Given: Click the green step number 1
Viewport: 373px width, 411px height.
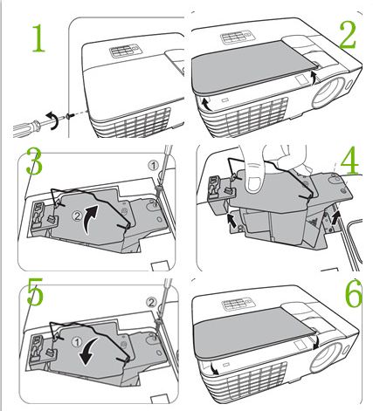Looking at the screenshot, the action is click(x=39, y=38).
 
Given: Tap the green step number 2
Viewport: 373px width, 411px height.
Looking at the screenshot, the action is click(x=348, y=35).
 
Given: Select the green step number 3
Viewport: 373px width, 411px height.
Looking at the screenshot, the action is click(x=34, y=161).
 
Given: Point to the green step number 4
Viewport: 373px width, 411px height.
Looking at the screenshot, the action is click(x=349, y=161).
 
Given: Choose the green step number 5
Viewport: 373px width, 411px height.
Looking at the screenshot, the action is click(x=35, y=291).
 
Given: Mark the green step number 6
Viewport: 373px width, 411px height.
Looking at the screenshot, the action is click(x=353, y=294).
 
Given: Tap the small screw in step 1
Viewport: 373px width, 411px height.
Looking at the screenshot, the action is click(x=68, y=116).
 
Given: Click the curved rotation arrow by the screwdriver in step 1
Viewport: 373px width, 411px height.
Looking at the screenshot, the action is click(x=52, y=120).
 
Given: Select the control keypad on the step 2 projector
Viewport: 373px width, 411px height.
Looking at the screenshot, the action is click(x=238, y=38).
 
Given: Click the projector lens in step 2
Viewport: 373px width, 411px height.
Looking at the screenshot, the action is click(x=328, y=92).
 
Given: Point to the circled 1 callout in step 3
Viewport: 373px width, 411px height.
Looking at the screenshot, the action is click(x=153, y=166).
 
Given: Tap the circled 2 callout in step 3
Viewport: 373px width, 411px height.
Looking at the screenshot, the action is click(x=77, y=216).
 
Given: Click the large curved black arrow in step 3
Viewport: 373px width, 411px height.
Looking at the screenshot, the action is click(x=90, y=218).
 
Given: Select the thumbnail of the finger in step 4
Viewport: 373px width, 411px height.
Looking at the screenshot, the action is click(x=254, y=184).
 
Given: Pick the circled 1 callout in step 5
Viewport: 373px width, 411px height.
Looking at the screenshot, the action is click(x=77, y=342).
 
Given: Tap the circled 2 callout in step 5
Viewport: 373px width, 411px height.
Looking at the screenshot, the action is click(x=151, y=303).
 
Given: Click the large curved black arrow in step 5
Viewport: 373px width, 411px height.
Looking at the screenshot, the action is click(x=88, y=351).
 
